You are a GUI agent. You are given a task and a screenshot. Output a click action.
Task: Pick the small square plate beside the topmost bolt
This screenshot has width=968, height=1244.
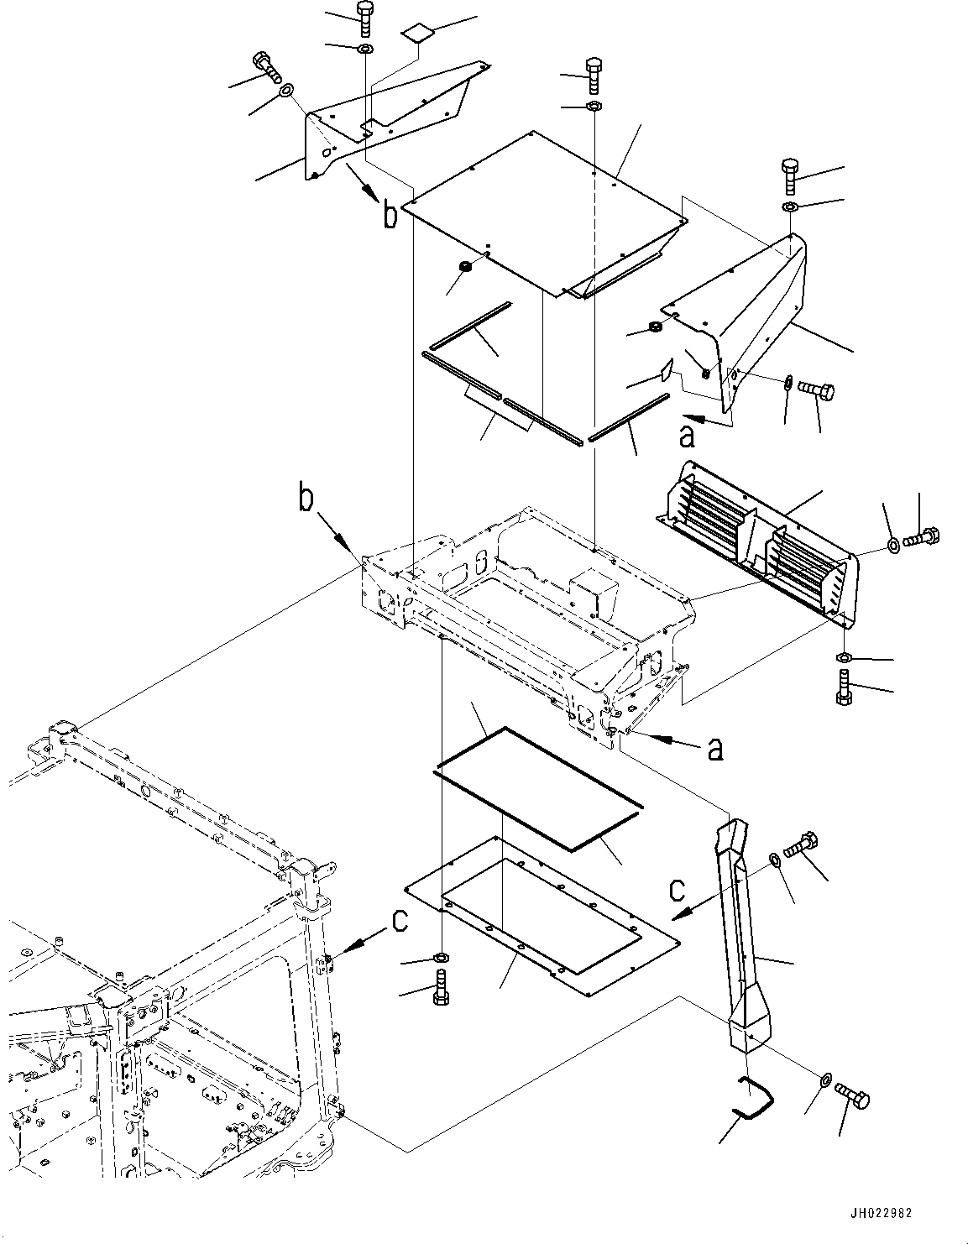click(x=416, y=34)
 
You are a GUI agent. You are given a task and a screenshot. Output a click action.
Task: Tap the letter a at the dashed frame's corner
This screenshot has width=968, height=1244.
click(x=715, y=749)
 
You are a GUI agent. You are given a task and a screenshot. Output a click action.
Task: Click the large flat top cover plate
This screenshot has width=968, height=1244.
click(x=544, y=214)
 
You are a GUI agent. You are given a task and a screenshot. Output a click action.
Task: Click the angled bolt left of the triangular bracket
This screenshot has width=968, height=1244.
click(x=267, y=67)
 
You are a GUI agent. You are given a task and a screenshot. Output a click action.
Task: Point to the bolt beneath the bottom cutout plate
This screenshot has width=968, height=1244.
click(x=442, y=987)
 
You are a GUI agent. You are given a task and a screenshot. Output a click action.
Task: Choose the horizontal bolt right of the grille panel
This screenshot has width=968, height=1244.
click(x=922, y=538)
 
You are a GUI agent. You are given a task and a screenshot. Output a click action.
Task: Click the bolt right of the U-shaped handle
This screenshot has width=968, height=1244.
click(x=852, y=1097)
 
